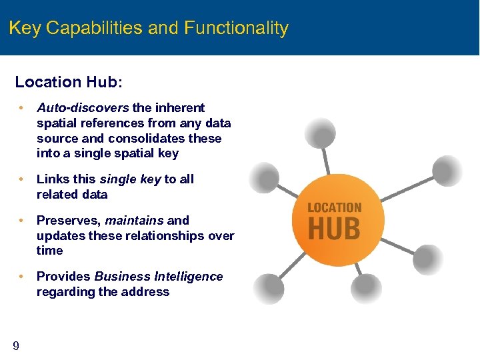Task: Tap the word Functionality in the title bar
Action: pyautogui.click(x=236, y=29)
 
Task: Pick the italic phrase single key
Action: pyautogui.click(x=130, y=179)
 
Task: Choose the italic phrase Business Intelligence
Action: pyautogui.click(x=159, y=276)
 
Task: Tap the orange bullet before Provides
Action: pyautogui.click(x=22, y=276)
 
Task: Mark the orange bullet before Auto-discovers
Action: pyautogui.click(x=22, y=107)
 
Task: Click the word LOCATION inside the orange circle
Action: pyautogui.click(x=334, y=208)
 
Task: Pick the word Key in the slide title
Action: pyautogui.click(x=25, y=29)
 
